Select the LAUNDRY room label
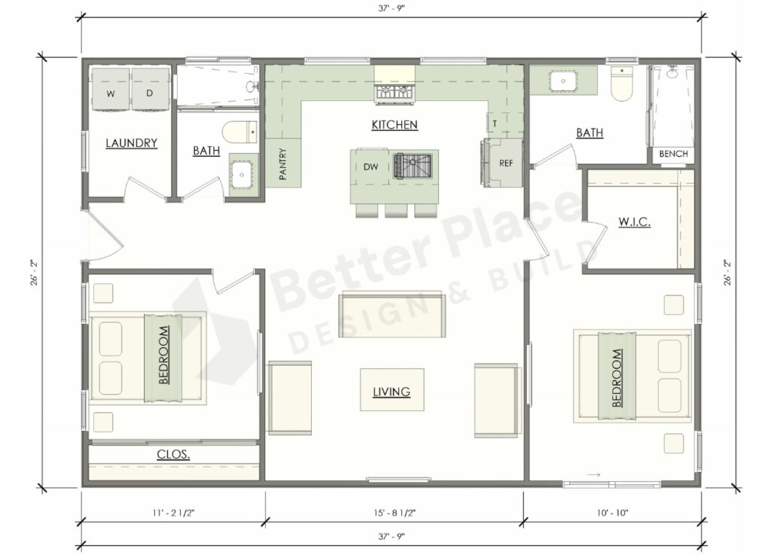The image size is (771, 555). (x=131, y=143)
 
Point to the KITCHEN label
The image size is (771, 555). (x=394, y=125)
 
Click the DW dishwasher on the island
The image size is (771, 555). (x=370, y=166)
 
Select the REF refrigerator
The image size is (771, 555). (x=505, y=163)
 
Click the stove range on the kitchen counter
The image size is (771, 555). (x=394, y=93)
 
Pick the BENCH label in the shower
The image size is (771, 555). (x=673, y=154)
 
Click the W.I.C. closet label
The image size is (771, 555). (x=635, y=222)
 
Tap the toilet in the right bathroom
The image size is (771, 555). (x=622, y=85)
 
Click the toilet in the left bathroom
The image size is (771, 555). (x=241, y=131)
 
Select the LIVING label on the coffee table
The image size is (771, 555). (x=392, y=392)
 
